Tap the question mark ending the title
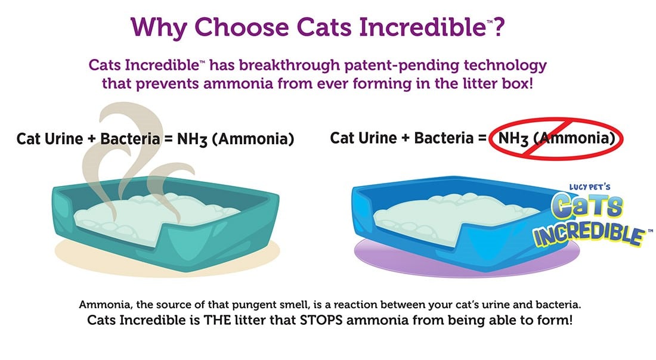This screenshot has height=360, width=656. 498,26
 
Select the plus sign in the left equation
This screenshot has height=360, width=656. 92,139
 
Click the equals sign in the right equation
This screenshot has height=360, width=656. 481,138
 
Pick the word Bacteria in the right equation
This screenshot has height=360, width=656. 444,138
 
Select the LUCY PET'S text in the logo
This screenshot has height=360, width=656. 589,187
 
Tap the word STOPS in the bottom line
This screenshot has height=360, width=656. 321,320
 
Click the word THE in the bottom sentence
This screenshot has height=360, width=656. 217,320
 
